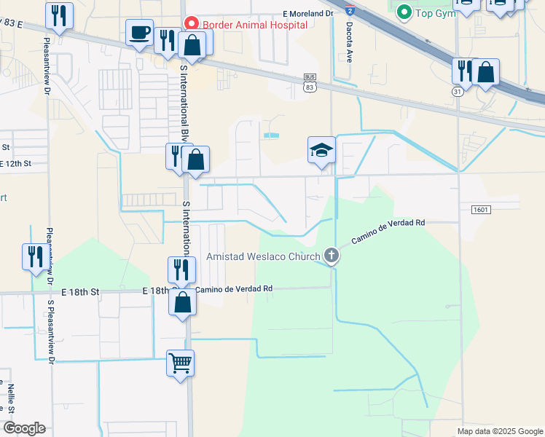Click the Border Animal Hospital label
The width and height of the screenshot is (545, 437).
coord(254,23)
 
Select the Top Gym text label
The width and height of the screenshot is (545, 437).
coord(435,12)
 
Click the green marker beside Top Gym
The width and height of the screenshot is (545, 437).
coord(403,12)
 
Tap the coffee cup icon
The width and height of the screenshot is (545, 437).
coord(139,33)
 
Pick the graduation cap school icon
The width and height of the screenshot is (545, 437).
coord(321,150)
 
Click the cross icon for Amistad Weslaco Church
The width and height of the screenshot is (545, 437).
coord(332,255)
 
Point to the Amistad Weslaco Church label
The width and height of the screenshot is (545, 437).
coord(263,256)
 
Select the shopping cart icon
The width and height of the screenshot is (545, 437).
coord(180,362)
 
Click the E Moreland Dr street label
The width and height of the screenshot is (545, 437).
coord(308,13)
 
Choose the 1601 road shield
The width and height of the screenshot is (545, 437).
coord(481,210)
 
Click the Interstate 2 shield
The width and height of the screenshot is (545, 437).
coord(350,10)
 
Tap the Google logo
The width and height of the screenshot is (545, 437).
coord(23,428)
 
